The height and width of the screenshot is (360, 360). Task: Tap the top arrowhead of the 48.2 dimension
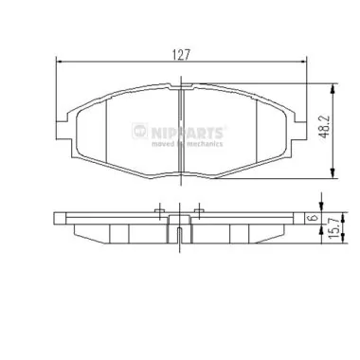(x=331, y=92)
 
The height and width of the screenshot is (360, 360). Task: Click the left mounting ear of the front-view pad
(x=61, y=131)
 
